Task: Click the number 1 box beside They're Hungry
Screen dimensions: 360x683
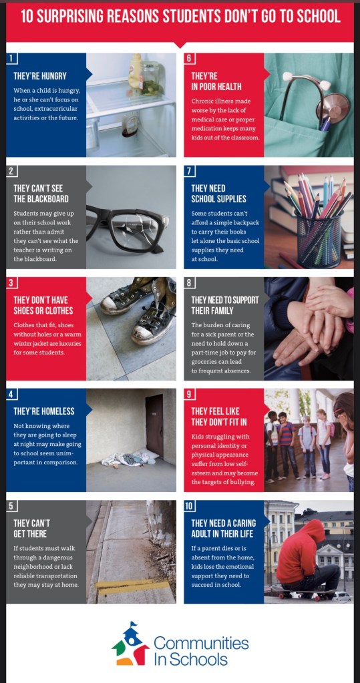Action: click(12, 59)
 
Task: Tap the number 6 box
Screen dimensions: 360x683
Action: click(189, 59)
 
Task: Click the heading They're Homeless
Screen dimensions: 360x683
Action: click(44, 411)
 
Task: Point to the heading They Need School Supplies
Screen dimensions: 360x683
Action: click(219, 194)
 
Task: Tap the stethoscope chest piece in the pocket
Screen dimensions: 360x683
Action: click(333, 107)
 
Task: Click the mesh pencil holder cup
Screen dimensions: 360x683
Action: click(319, 239)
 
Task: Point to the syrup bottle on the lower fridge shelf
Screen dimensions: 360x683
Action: click(130, 124)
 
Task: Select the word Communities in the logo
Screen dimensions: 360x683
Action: click(201, 642)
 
